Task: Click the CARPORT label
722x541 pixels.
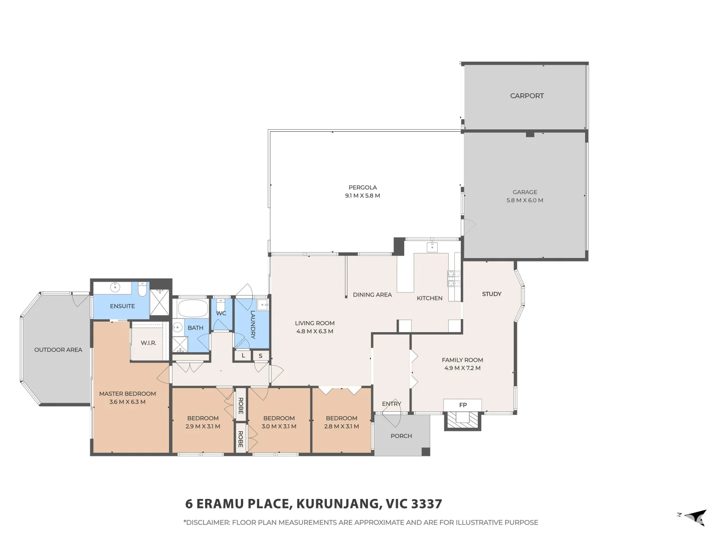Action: (526, 96)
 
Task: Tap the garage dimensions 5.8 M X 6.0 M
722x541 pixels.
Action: (524, 200)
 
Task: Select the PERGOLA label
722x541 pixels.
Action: (363, 187)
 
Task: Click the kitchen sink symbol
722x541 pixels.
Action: (432, 246)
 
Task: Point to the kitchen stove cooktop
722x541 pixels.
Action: (454, 279)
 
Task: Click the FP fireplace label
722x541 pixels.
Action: (463, 405)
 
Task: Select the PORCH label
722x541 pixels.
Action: (401, 436)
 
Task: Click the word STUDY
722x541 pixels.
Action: (491, 294)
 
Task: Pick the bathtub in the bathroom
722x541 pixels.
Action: (193, 308)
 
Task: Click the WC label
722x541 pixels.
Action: (221, 314)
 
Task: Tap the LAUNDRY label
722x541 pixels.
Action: (253, 325)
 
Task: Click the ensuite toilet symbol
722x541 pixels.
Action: (142, 289)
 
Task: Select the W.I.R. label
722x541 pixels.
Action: (148, 343)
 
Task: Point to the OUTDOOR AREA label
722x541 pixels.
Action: (58, 350)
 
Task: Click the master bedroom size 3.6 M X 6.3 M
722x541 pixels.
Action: (127, 402)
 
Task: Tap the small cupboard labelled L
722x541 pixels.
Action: (243, 356)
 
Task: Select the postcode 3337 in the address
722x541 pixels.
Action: (427, 504)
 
